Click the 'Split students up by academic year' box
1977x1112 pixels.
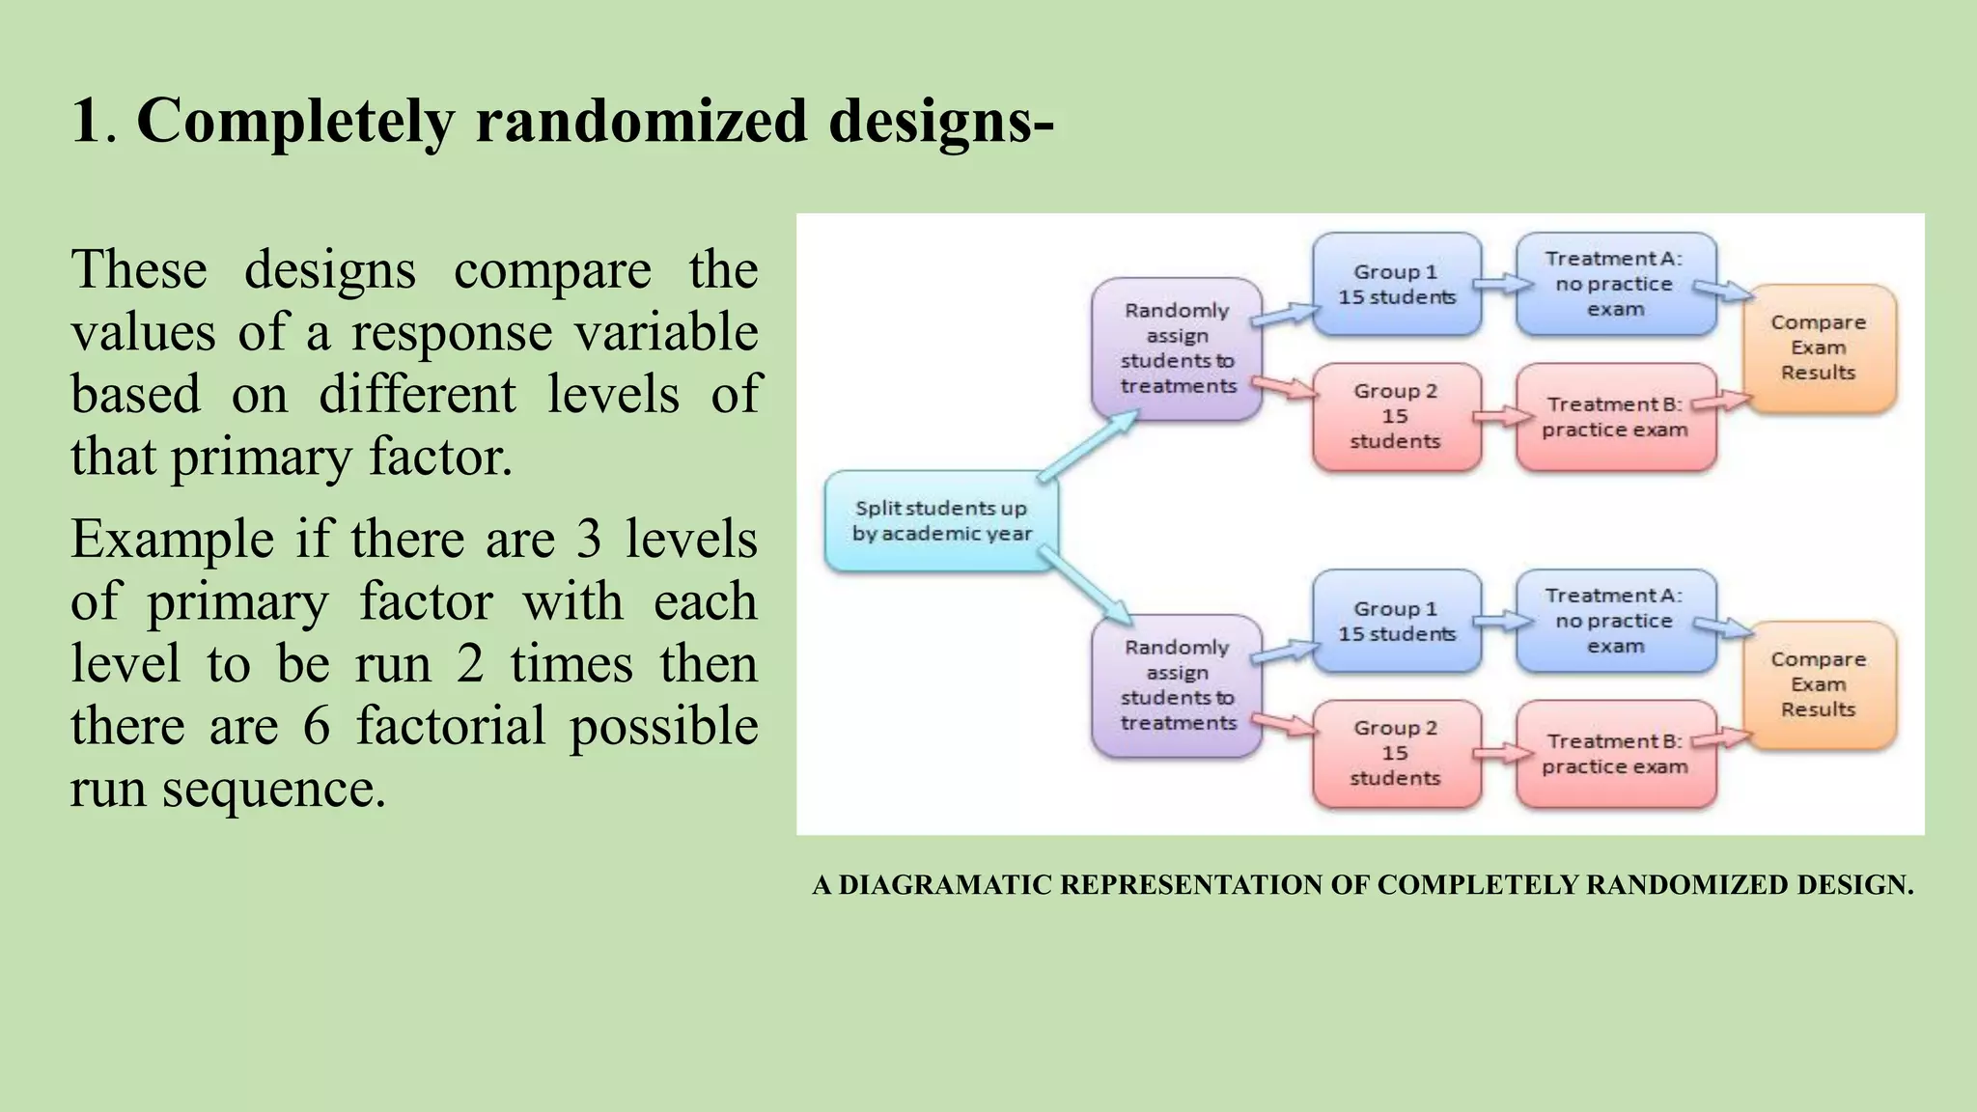(941, 521)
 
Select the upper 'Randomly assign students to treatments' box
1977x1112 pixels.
(1177, 348)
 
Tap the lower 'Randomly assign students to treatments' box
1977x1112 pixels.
(1177, 685)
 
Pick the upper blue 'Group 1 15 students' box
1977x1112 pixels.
(1396, 285)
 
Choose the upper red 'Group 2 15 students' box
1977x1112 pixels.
(1396, 417)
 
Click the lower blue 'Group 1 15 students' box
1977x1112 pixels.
(1396, 622)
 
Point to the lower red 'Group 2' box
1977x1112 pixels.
(1396, 754)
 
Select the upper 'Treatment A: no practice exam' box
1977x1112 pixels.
(1615, 285)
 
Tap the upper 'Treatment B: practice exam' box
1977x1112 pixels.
(1615, 417)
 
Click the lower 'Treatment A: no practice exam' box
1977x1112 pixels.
(1615, 622)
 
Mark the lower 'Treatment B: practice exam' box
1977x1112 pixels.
(1615, 754)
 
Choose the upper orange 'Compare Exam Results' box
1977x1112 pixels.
(1819, 347)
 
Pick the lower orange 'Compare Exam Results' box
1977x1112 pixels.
(1819, 684)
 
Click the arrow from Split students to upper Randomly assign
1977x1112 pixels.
(1088, 445)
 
